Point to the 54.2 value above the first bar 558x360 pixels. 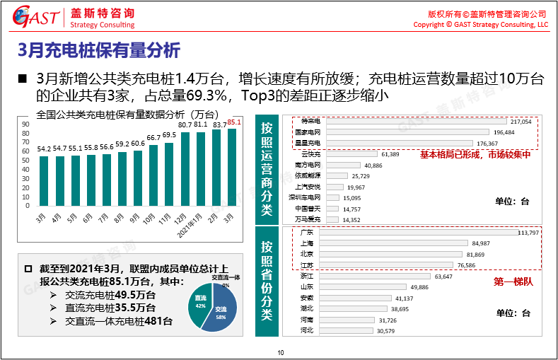pyautogui.click(x=44, y=149)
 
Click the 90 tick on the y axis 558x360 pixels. pyautogui.click(x=26, y=124)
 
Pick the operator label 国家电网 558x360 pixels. pyautogui.click(x=308, y=132)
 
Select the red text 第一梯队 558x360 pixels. pyautogui.click(x=512, y=281)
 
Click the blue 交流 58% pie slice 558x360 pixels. pyautogui.click(x=223, y=311)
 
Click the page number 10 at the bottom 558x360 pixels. pyautogui.click(x=280, y=352)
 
